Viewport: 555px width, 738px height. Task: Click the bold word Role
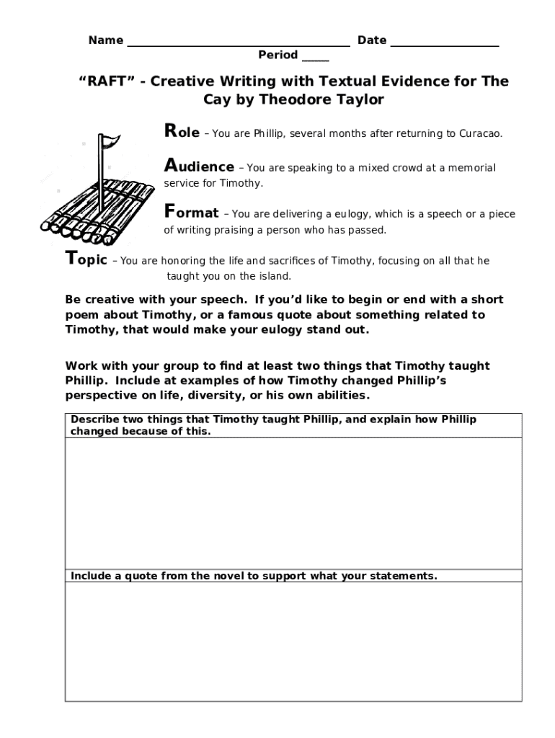[x=182, y=133]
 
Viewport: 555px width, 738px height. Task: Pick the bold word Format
[x=192, y=213]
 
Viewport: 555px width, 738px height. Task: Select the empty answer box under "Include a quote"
[x=293, y=641]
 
